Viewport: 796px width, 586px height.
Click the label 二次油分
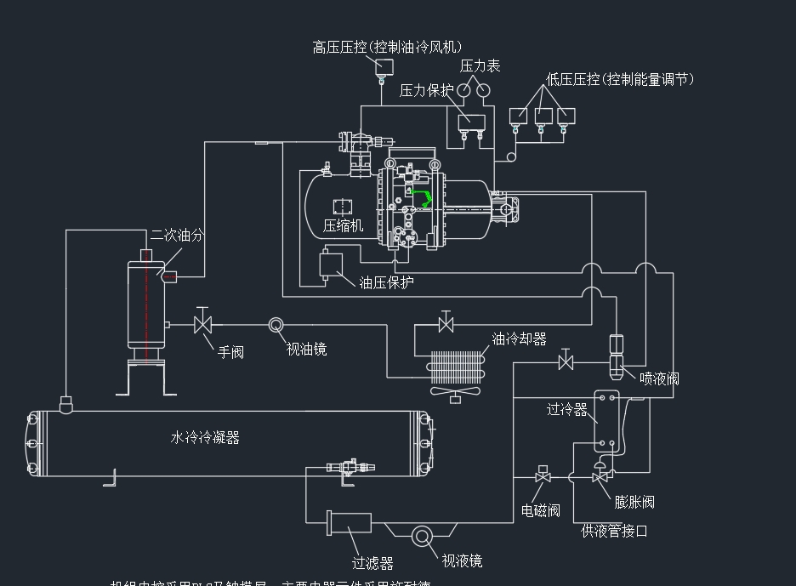pos(177,235)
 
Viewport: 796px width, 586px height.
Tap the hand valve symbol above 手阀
pos(202,324)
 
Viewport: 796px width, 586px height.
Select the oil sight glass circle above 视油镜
pos(276,325)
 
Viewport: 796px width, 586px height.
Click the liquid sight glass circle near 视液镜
pos(423,537)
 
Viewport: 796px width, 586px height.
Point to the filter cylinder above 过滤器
pos(350,522)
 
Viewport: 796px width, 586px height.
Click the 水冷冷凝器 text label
pos(205,438)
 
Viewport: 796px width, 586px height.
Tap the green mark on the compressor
pos(422,198)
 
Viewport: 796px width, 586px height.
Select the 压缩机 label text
pos(343,225)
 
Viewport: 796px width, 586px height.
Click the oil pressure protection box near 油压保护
pos(328,265)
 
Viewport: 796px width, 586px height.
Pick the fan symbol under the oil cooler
pos(454,392)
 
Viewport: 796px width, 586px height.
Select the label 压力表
pos(480,65)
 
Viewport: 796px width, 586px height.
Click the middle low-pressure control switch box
pos(543,116)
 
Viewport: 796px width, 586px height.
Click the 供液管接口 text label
pos(614,532)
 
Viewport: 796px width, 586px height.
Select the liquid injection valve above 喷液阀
pos(618,355)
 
